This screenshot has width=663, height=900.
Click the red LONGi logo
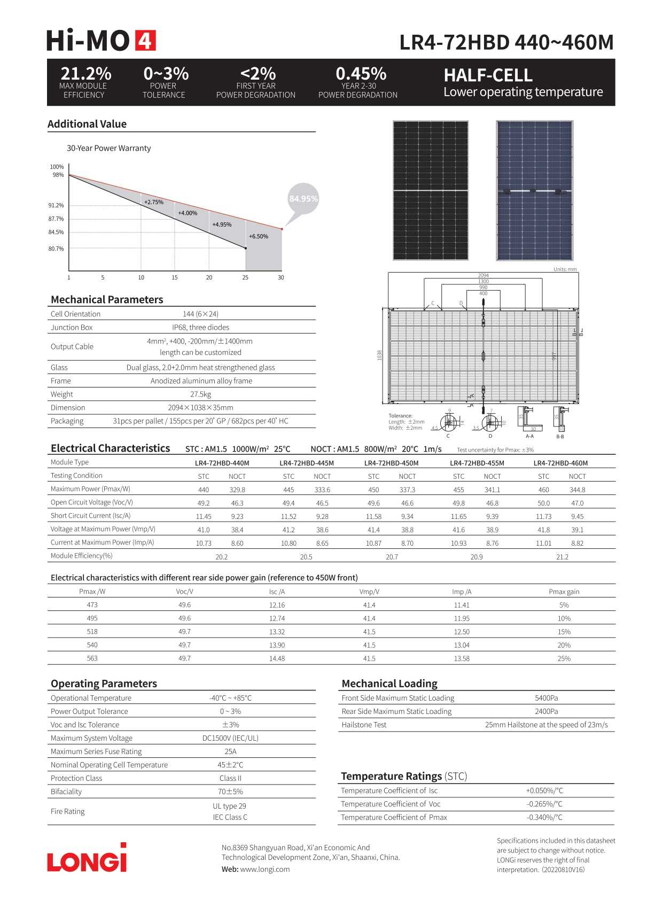pyautogui.click(x=87, y=858)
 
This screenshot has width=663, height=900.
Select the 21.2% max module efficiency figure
pyautogui.click(x=86, y=73)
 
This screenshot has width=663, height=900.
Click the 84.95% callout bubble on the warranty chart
pyautogui.click(x=303, y=199)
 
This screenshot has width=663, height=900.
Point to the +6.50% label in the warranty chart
pyautogui.click(x=259, y=236)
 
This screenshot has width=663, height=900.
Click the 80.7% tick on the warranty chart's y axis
pyautogui.click(x=56, y=249)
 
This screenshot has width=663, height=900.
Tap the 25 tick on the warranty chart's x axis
pyautogui.click(x=245, y=277)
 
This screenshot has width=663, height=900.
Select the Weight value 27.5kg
pyautogui.click(x=200, y=394)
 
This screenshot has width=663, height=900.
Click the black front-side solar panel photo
pyautogui.click(x=431, y=190)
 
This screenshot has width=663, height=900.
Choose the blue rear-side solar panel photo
pyautogui.click(x=534, y=190)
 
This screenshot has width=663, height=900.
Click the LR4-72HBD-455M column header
pyautogui.click(x=477, y=463)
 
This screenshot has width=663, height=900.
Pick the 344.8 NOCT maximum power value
pyautogui.click(x=577, y=490)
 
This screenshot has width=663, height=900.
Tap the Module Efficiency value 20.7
pyautogui.click(x=392, y=557)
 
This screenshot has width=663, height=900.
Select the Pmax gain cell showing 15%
pyautogui.click(x=564, y=632)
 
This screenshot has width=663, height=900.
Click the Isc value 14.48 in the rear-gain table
pyautogui.click(x=277, y=658)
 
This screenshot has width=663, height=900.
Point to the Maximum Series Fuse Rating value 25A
pyautogui.click(x=230, y=751)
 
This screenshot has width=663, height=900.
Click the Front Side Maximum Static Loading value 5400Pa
pyautogui.click(x=546, y=698)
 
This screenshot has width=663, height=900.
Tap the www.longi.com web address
pyautogui.click(x=265, y=869)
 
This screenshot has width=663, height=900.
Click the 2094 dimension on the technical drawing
pyautogui.click(x=483, y=275)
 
